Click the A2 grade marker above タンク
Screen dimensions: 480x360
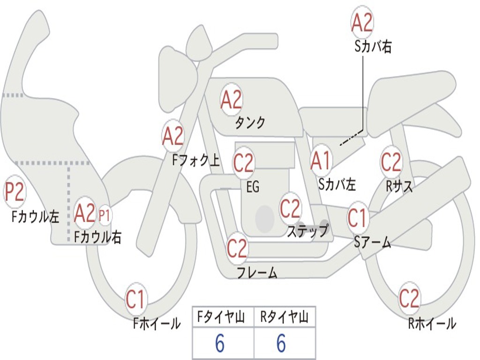tap(231, 99)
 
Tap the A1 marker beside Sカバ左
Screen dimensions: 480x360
tap(322, 160)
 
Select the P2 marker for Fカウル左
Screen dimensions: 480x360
tap(15, 192)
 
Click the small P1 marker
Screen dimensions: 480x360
tap(105, 216)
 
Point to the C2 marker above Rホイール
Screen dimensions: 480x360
tap(409, 298)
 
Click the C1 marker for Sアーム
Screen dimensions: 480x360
tap(358, 218)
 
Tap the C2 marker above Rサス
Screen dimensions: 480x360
tap(391, 162)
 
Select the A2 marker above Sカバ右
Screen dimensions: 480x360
tap(362, 22)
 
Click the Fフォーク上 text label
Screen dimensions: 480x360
tap(195, 161)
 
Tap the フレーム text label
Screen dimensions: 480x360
tap(257, 272)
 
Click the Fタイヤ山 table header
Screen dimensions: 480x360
tap(223, 318)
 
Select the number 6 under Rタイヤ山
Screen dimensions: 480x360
tap(281, 345)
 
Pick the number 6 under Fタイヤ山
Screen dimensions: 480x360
tap(219, 345)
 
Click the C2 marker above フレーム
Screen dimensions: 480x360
tap(237, 248)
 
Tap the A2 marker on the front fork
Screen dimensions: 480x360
tap(173, 136)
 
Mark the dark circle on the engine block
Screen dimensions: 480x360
tap(265, 218)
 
